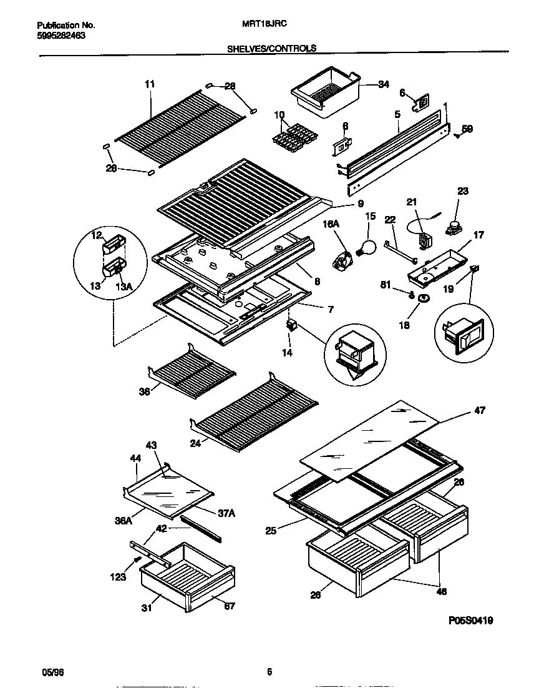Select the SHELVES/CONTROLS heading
[270, 48]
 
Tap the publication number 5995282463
[61, 36]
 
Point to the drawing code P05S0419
[475, 621]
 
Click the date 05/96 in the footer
[47, 672]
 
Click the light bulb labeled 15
[366, 245]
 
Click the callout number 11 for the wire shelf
[149, 84]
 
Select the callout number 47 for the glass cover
[480, 410]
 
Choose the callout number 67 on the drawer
[229, 606]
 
